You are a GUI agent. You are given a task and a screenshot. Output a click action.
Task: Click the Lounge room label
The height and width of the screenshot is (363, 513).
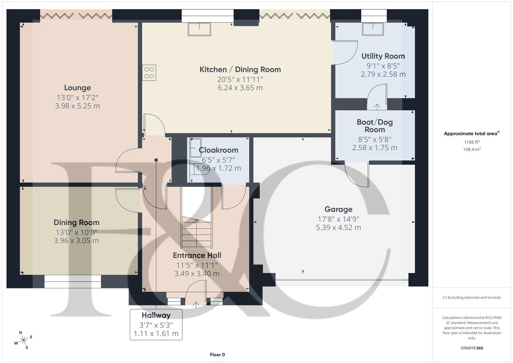(77, 88)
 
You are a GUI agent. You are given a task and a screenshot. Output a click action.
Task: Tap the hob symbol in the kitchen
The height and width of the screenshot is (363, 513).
(149, 73)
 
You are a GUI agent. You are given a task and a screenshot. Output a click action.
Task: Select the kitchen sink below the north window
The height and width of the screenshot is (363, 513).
(200, 29)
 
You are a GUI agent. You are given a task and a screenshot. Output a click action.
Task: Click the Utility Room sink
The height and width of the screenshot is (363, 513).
(373, 29)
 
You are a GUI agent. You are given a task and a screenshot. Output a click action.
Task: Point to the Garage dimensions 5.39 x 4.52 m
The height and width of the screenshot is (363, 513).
(338, 228)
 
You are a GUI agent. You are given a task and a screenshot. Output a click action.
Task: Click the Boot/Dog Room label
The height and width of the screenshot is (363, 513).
(375, 126)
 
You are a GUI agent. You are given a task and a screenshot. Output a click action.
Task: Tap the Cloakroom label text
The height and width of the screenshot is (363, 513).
(218, 150)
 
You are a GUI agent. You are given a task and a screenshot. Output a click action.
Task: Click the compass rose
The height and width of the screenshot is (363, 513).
(24, 340)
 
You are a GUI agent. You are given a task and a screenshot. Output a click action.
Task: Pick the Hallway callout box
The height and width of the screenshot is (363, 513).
(156, 324)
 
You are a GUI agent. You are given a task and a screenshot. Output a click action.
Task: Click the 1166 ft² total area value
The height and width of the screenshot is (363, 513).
(472, 142)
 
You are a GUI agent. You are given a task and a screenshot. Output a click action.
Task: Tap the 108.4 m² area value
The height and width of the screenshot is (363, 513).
(472, 150)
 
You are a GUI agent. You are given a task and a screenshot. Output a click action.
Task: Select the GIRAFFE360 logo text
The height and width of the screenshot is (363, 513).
(472, 348)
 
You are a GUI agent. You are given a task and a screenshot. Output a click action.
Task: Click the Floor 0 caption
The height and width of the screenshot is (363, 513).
(217, 355)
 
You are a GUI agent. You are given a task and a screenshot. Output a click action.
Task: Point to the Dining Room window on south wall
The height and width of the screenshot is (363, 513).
(73, 281)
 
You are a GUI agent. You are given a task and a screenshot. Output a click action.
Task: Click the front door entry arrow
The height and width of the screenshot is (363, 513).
(196, 305)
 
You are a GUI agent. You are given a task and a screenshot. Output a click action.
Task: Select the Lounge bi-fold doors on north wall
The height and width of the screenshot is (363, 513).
(76, 15)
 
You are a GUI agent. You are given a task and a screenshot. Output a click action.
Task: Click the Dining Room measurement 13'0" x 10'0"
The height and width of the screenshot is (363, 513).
(77, 232)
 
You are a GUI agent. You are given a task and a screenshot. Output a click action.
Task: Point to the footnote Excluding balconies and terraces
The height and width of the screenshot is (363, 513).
(472, 297)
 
